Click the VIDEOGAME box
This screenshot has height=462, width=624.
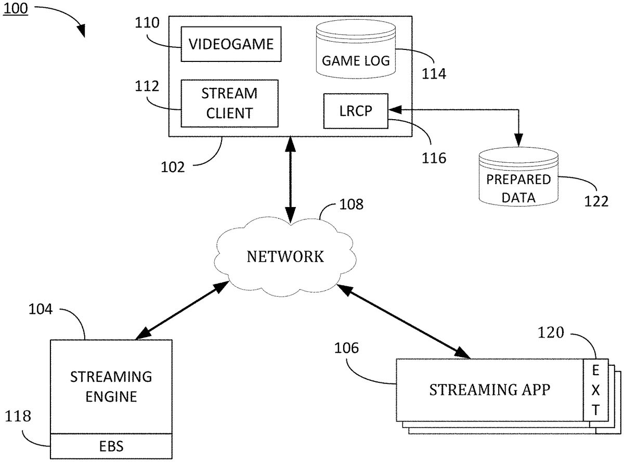231,44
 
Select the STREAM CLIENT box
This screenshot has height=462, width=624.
229,103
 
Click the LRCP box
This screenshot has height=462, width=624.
356,111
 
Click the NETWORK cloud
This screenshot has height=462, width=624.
285,256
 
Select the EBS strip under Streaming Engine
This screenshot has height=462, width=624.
111,446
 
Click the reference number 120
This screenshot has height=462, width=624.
551,332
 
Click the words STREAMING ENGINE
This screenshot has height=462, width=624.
111,386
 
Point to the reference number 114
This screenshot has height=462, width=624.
434,73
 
